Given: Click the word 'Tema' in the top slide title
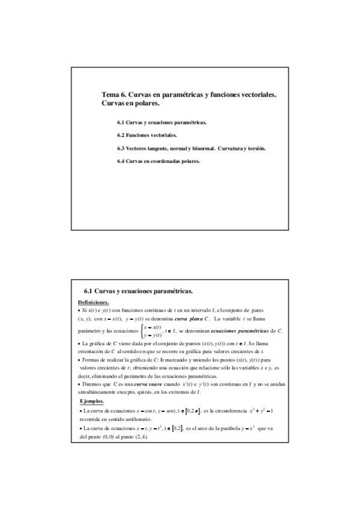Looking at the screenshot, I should pos(111,95).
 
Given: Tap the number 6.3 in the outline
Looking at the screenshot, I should pos(121,148).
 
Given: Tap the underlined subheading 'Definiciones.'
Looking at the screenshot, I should pos(94,302).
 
